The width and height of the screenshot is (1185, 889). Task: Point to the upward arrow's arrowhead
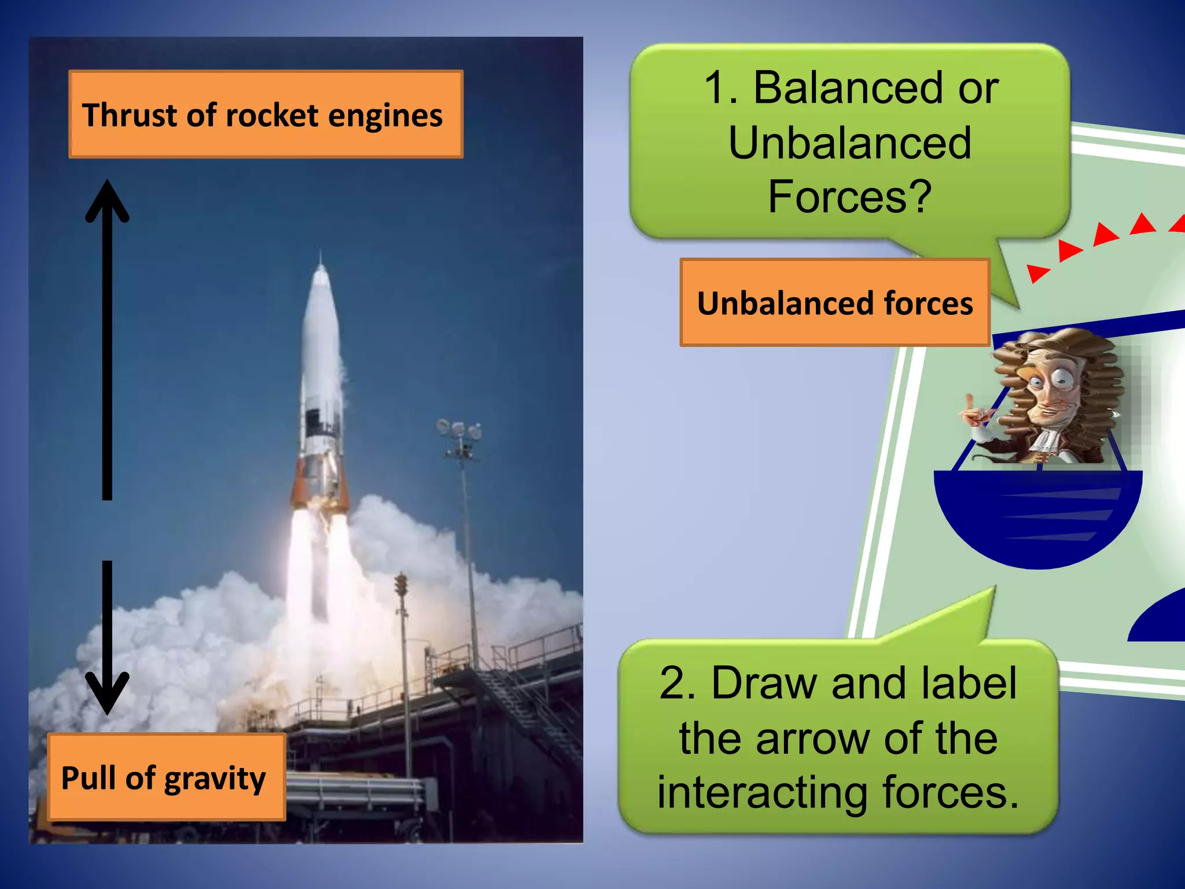pyautogui.click(x=107, y=200)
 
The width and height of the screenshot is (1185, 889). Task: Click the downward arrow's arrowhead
pyautogui.click(x=107, y=695)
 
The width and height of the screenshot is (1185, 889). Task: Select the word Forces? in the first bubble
pyautogui.click(x=849, y=197)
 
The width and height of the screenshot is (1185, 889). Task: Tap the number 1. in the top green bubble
pyautogui.click(x=720, y=88)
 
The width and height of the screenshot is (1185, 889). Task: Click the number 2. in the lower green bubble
pyautogui.click(x=677, y=684)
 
